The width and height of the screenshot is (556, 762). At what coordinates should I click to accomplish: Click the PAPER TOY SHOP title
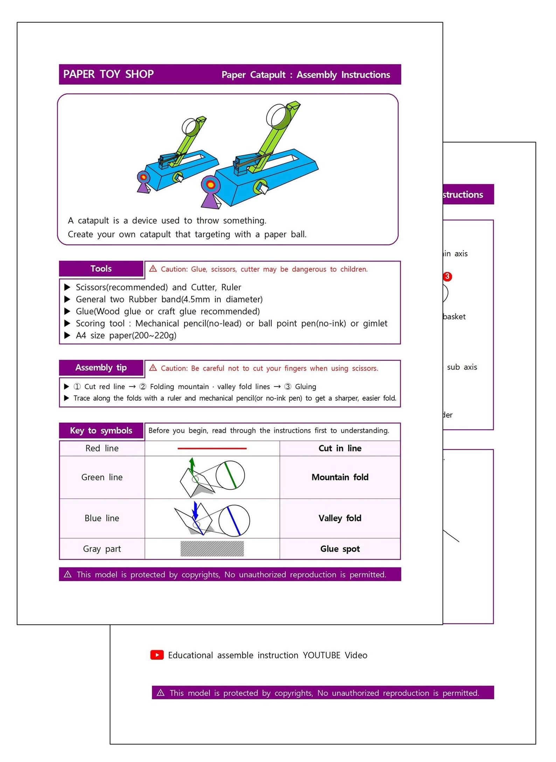coord(108,74)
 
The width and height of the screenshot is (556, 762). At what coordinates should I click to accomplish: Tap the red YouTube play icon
coord(157,655)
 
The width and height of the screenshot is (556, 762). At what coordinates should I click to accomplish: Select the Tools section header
coord(101,268)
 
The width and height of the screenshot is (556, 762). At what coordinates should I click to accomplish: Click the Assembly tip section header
coord(101,368)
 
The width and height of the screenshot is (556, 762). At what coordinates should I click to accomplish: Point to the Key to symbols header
coord(101,431)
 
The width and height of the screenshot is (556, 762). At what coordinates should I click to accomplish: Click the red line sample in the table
coord(212,448)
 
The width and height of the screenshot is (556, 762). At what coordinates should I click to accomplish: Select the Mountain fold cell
coord(340,477)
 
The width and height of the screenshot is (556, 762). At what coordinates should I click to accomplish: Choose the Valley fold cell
coord(340,518)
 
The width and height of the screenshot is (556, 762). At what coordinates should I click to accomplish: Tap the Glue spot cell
coord(340,549)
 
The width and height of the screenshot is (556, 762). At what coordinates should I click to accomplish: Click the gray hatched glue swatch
coord(212,549)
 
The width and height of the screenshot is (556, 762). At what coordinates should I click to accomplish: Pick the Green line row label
coord(102,477)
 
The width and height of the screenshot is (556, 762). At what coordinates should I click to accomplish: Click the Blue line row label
coord(102,518)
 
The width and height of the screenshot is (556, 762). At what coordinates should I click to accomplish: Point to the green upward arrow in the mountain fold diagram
coord(192,466)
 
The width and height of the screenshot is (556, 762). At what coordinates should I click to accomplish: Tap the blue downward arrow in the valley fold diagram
coord(195,511)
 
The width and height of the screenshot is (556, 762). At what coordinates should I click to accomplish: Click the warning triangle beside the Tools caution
coord(153,268)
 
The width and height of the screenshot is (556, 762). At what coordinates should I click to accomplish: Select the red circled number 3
coord(447,277)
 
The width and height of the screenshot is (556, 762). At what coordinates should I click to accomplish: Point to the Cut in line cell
coord(340,448)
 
